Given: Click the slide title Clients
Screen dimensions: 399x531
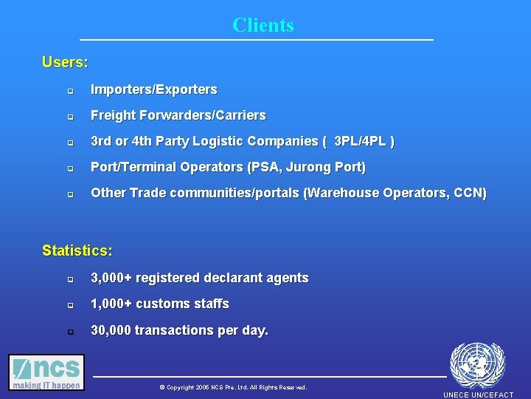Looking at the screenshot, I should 263,25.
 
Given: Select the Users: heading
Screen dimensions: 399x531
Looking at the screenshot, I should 65,62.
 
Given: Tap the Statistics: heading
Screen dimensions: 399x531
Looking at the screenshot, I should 77,250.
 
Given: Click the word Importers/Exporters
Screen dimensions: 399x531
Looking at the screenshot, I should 154,89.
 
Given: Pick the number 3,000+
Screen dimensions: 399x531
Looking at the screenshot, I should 111,278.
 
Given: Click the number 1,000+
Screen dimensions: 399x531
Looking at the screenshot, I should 111,304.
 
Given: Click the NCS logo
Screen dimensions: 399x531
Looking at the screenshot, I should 46,372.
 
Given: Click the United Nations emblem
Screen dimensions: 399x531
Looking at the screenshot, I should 477,365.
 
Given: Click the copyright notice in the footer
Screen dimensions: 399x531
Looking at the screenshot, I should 233,387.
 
